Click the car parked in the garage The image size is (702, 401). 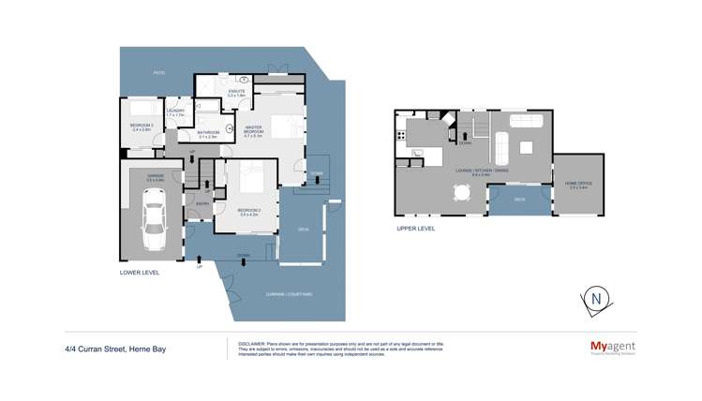pos(154,221)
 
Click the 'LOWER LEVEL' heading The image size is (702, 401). pos(140,273)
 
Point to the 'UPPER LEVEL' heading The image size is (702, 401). pos(415,228)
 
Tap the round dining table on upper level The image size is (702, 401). pos(461,192)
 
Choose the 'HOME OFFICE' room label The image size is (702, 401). pos(572,185)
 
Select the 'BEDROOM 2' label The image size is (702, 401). pos(248,212)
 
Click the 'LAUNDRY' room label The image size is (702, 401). pos(175,112)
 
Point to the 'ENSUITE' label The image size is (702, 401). pos(236,92)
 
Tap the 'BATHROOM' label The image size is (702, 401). pos(208,133)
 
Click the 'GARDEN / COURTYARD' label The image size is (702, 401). pos(289,294)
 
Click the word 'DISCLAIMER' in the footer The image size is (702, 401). pos(246,344)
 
